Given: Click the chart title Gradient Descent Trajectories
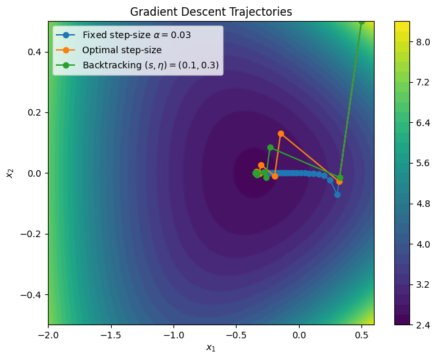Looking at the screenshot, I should click(x=211, y=12).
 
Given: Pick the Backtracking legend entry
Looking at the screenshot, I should click(x=150, y=65).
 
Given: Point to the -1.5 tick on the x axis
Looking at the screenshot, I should click(x=111, y=334).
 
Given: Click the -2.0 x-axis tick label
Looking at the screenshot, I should click(x=48, y=334).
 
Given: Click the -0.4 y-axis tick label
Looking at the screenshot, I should click(x=31, y=294).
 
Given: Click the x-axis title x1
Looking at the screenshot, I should click(x=211, y=348).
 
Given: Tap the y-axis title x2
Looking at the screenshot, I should click(x=10, y=173).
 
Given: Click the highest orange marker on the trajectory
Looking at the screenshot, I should click(x=281, y=133).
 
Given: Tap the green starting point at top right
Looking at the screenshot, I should click(x=361, y=22).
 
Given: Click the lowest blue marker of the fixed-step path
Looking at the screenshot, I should click(x=337, y=194).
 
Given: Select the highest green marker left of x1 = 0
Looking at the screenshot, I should click(x=270, y=147).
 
